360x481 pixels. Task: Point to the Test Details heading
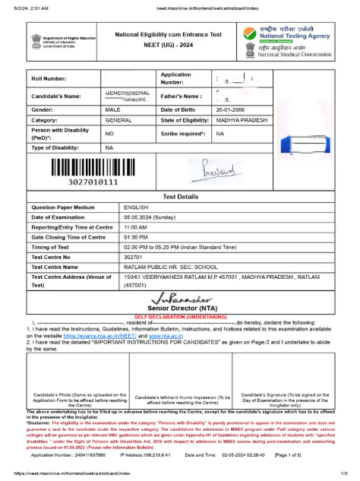tap(180, 195)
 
